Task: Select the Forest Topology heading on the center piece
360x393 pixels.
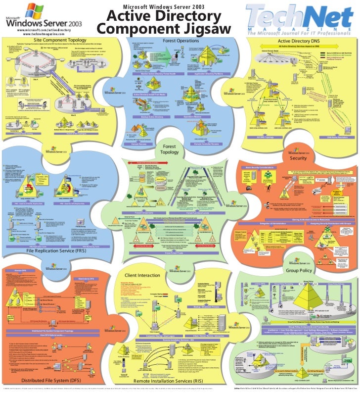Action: [170, 149]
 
